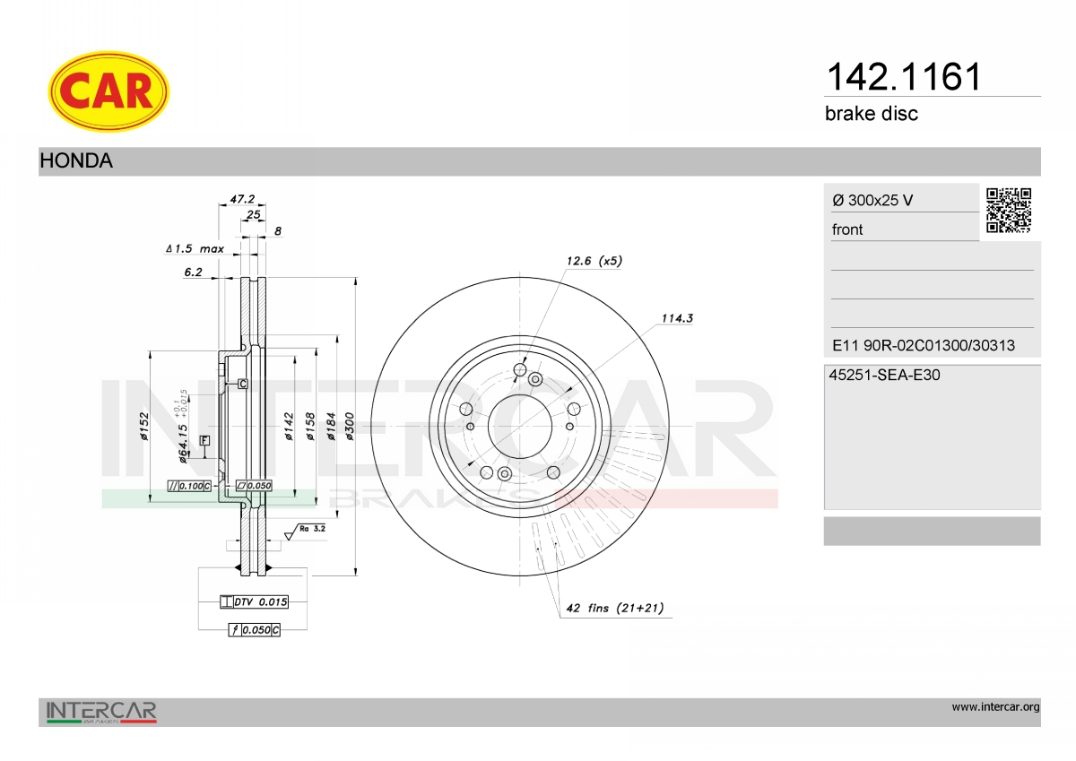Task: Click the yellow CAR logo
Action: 108,91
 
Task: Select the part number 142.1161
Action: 904,76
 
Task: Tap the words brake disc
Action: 872,114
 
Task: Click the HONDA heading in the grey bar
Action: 76,160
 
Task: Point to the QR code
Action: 1009,211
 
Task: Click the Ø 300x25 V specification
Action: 872,200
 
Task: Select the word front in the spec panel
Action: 847,229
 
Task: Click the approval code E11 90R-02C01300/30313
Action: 924,345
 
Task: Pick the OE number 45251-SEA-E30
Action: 884,375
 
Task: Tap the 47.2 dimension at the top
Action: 242,198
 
